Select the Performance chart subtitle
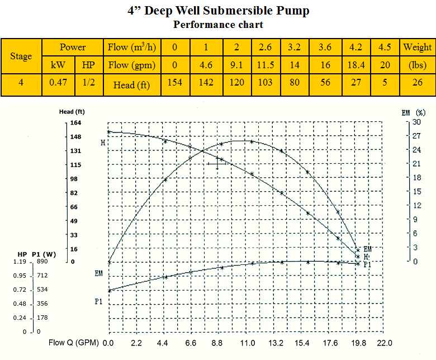(x=218, y=24)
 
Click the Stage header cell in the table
(x=21, y=56)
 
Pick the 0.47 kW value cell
(x=58, y=85)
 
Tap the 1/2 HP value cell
(x=88, y=85)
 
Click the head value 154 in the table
(x=175, y=85)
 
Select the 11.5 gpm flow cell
(x=266, y=65)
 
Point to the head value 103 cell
(x=266, y=85)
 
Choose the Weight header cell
(x=417, y=47)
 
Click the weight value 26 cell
(x=417, y=85)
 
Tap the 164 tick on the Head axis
(x=75, y=123)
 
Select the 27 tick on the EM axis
(x=416, y=136)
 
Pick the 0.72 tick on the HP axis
(x=20, y=290)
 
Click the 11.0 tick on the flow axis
(x=247, y=343)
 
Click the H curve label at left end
(x=103, y=143)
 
